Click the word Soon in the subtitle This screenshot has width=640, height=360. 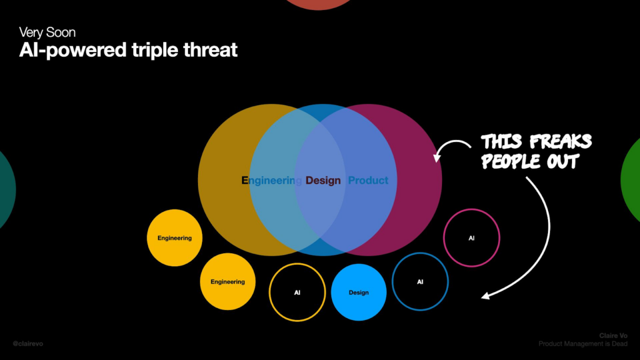(61, 32)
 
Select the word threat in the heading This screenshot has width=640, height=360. (210, 50)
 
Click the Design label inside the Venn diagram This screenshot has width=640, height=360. (323, 181)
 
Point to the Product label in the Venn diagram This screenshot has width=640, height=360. (368, 181)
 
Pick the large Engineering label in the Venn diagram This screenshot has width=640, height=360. (271, 181)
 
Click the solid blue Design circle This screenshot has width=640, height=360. (359, 292)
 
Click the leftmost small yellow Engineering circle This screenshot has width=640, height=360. (175, 238)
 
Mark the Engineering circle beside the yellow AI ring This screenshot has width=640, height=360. (227, 282)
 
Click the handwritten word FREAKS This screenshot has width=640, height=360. (561, 142)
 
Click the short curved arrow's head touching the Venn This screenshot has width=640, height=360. (437, 157)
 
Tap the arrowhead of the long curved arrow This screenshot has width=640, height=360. (486, 296)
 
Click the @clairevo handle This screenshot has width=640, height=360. (27, 344)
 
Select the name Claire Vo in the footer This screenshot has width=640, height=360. (613, 336)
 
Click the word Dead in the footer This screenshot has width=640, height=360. (619, 344)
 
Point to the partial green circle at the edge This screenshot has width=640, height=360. (631, 180)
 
